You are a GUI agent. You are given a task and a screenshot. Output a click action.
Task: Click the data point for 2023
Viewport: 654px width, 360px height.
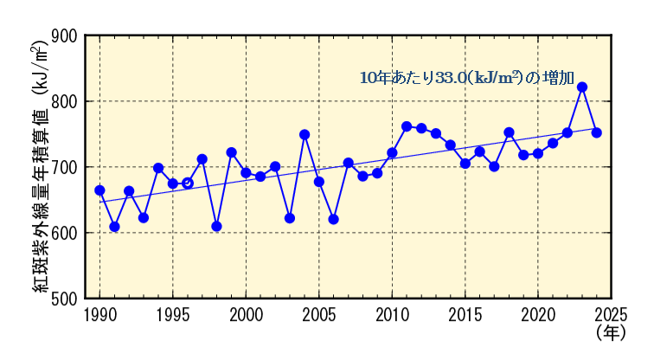[x=582, y=87]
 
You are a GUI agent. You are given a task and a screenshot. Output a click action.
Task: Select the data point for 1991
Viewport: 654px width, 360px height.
[x=114, y=227]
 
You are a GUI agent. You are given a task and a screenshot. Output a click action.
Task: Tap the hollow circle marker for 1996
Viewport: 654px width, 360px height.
[x=188, y=183]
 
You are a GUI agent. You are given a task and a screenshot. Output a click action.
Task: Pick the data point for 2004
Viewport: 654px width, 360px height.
[x=305, y=135]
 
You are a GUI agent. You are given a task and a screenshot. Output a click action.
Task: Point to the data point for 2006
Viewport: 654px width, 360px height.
[x=334, y=220]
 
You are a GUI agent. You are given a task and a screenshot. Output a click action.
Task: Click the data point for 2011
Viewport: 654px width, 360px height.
[x=407, y=126]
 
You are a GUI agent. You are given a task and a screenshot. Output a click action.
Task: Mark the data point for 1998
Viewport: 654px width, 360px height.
[x=216, y=227]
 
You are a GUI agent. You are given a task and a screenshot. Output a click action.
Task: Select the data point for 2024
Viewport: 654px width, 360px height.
[x=597, y=132]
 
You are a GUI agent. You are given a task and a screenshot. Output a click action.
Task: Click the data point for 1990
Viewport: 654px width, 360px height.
[x=99, y=190]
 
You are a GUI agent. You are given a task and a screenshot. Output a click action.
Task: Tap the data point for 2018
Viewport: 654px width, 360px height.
[x=509, y=132]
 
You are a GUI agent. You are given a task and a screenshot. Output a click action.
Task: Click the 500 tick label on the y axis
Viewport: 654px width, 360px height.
[x=67, y=299]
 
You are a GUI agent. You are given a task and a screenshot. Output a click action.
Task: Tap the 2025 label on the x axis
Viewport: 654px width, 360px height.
[x=611, y=312]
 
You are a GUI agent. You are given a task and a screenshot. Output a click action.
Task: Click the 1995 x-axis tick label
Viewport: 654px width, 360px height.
[x=173, y=312]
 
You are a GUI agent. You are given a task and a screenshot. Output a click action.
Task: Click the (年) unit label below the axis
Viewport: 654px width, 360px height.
[x=610, y=331]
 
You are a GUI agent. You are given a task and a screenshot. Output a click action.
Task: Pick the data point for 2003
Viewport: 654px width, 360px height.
[x=290, y=218]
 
